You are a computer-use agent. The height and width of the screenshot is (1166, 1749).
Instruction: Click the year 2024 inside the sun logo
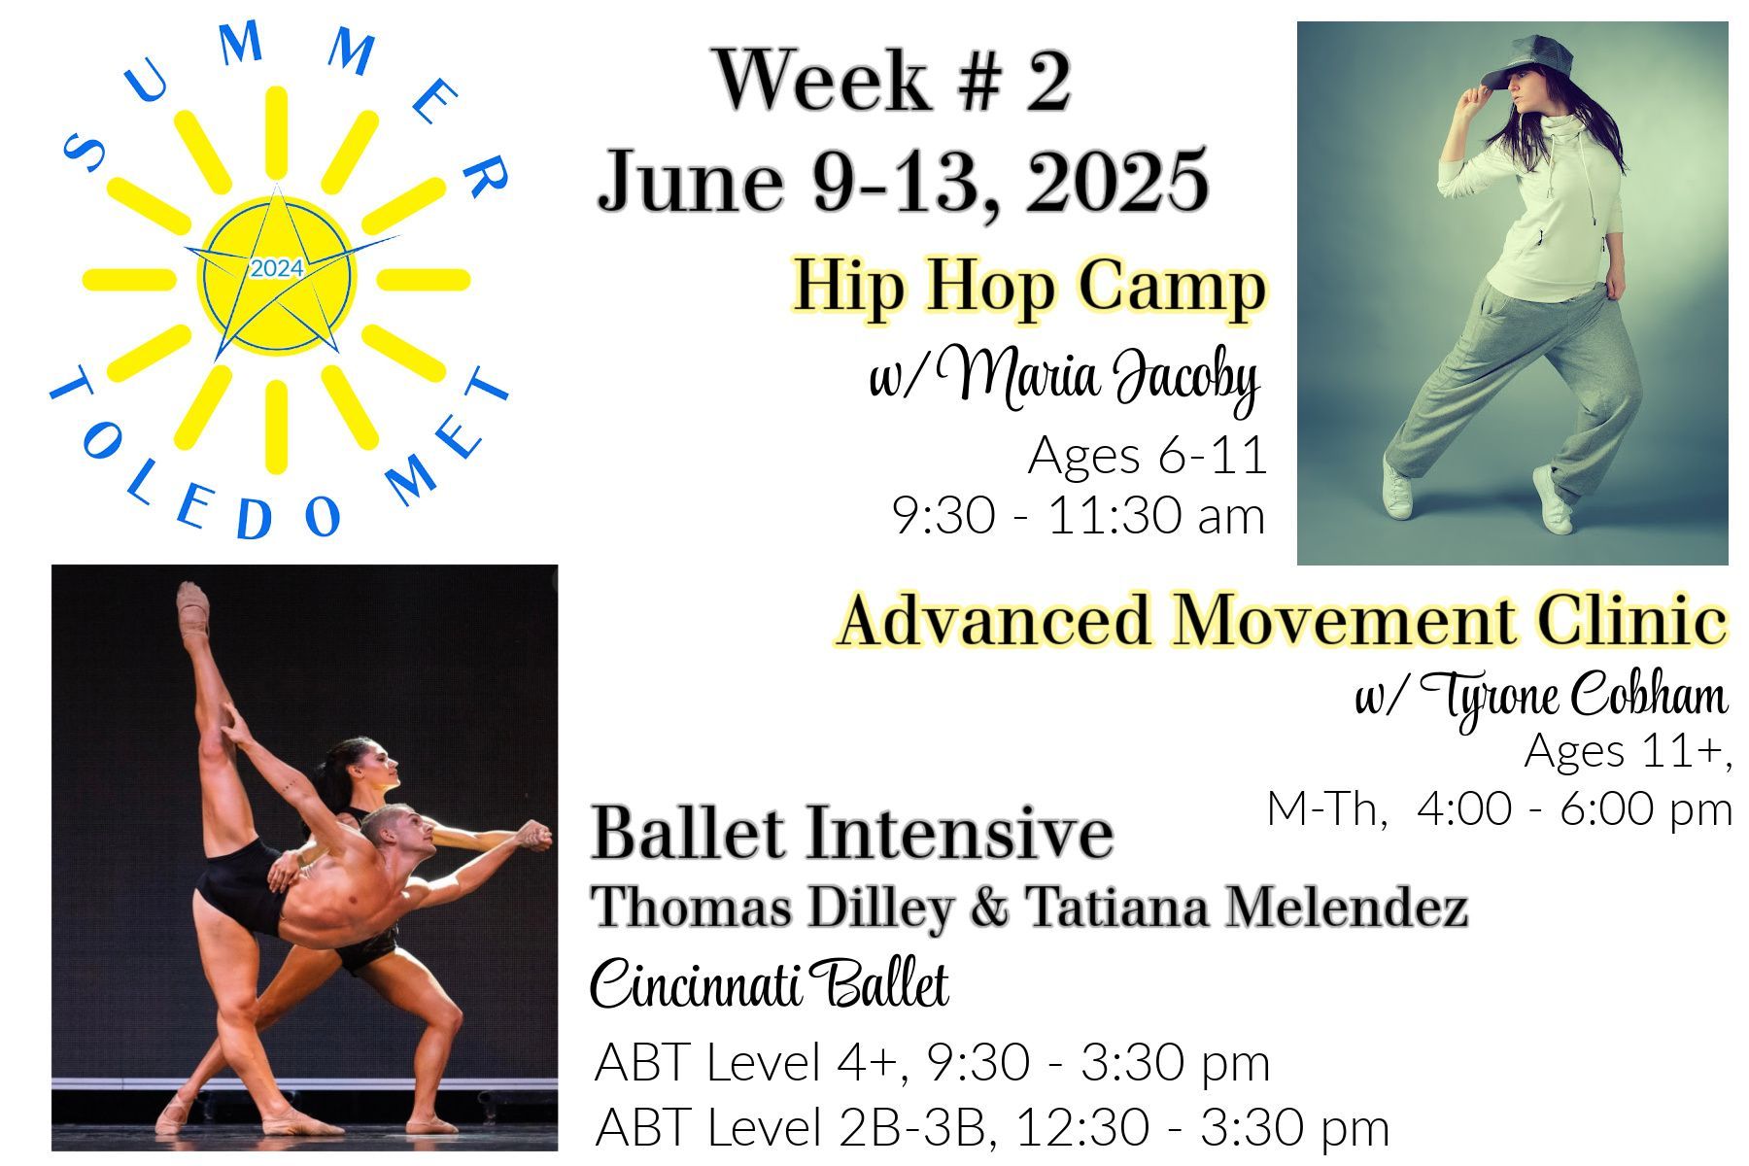coord(277,268)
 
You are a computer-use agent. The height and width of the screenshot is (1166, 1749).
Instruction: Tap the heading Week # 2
coord(893,81)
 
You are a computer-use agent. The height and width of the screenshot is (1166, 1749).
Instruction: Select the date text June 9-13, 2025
coord(903,181)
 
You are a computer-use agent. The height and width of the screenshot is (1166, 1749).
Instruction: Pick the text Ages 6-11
coord(1148,455)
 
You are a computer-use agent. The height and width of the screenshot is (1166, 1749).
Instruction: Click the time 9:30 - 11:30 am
coord(1079,516)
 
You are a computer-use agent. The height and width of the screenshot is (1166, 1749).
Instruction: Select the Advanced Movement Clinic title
coord(1282,620)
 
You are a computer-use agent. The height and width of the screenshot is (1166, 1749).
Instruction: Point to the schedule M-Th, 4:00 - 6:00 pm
coord(1499,809)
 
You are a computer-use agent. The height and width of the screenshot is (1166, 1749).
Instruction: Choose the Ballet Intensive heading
coord(852,833)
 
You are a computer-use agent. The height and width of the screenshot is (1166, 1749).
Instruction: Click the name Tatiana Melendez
coord(1246,909)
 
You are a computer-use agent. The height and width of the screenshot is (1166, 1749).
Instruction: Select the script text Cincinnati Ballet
coord(769,983)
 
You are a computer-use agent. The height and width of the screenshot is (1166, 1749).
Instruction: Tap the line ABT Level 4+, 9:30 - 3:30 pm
coord(932,1063)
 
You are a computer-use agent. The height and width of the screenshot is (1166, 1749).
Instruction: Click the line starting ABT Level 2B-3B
coord(991,1128)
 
